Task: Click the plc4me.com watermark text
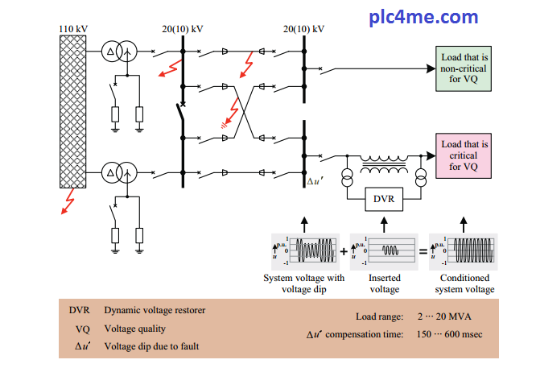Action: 434,16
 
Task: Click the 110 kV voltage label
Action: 73,29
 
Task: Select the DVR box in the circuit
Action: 383,198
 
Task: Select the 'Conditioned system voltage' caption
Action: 464,283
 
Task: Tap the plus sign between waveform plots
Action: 344,250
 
